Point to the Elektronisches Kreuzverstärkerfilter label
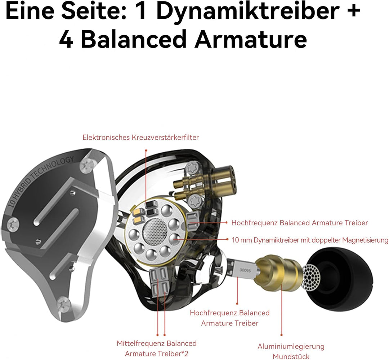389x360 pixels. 140,137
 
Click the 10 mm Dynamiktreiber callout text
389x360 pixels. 309,240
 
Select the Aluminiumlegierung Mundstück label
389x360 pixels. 291,351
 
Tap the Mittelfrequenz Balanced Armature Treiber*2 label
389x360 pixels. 156,348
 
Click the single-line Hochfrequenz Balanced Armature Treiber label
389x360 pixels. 299,223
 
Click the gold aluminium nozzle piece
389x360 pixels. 281,271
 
